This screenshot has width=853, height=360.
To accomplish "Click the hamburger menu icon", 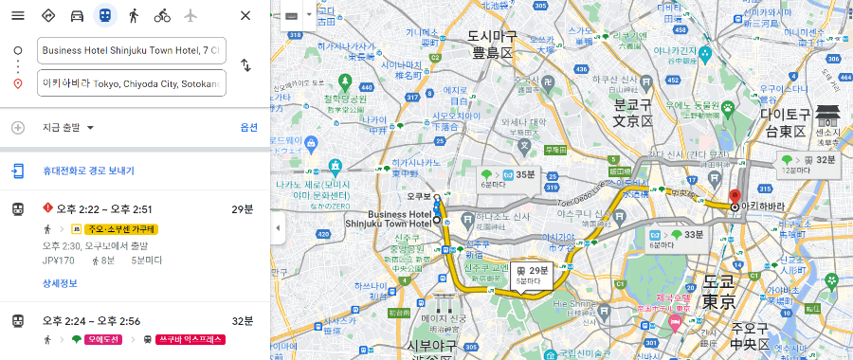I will [x=17, y=15].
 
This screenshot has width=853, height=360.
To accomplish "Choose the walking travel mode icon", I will [x=134, y=15].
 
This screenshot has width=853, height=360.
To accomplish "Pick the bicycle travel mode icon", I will [x=162, y=15].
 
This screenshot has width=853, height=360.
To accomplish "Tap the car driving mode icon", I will [x=77, y=15].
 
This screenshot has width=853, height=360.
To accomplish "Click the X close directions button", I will [x=245, y=15].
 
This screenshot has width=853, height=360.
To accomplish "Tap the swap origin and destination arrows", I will [x=245, y=65].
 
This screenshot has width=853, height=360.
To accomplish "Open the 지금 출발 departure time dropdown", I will [x=68, y=128].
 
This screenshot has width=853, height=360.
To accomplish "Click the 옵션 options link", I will [x=248, y=128].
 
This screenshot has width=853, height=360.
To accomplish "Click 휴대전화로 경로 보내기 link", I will [x=88, y=171].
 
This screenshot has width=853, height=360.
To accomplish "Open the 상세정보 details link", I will [x=60, y=283].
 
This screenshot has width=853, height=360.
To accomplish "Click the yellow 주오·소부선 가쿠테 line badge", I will [x=120, y=229].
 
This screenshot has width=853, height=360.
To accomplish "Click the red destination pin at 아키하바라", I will [x=734, y=198].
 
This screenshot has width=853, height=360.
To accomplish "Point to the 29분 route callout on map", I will [x=532, y=273].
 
